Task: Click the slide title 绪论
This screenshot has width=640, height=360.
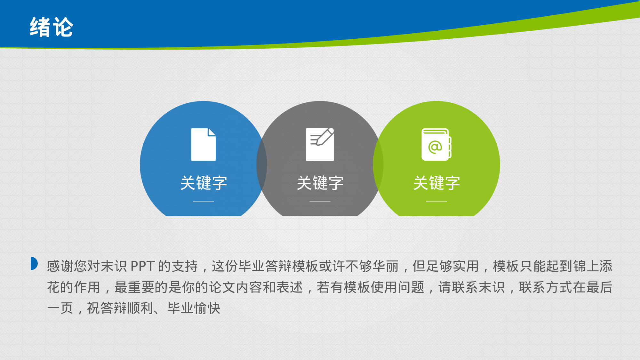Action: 52,27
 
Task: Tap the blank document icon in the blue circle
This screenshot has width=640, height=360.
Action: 204,144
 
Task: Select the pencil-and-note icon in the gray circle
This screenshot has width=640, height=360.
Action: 320,144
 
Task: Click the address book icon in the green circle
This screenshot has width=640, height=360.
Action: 436,144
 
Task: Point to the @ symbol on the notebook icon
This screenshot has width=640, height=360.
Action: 435,147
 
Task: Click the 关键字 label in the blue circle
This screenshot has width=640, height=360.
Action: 204,183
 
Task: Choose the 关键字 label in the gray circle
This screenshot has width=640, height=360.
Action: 320,183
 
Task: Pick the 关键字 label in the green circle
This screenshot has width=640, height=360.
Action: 436,183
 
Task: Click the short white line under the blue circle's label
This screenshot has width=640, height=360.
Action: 204,202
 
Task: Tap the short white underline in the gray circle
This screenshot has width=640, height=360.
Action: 320,202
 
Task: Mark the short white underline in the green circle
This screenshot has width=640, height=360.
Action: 436,202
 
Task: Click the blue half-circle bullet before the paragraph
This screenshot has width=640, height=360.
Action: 34,263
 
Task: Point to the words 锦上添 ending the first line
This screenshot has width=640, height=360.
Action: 593,266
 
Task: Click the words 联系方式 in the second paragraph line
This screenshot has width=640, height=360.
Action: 546,287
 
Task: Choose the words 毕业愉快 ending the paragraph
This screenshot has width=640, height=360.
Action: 194,308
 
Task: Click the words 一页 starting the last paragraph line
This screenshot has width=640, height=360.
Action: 60,308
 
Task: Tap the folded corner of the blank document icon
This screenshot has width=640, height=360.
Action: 212,132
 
